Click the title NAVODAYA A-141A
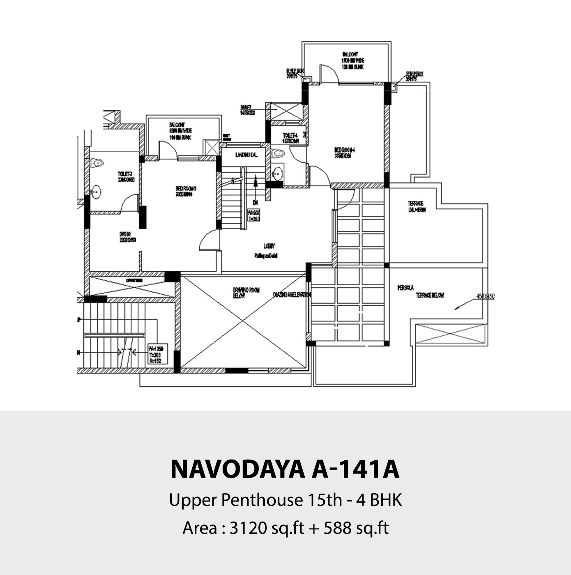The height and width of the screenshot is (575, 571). (x=285, y=469)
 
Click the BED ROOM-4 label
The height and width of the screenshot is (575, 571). (x=344, y=153)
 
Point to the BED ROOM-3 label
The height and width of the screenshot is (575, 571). (x=186, y=191)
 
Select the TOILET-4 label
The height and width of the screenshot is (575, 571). (x=290, y=138)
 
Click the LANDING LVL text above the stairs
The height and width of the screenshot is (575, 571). (x=246, y=155)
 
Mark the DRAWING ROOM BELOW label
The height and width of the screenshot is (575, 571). (x=240, y=293)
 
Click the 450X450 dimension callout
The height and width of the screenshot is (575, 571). (x=485, y=296)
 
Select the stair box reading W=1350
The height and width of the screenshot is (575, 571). (x=156, y=355)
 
